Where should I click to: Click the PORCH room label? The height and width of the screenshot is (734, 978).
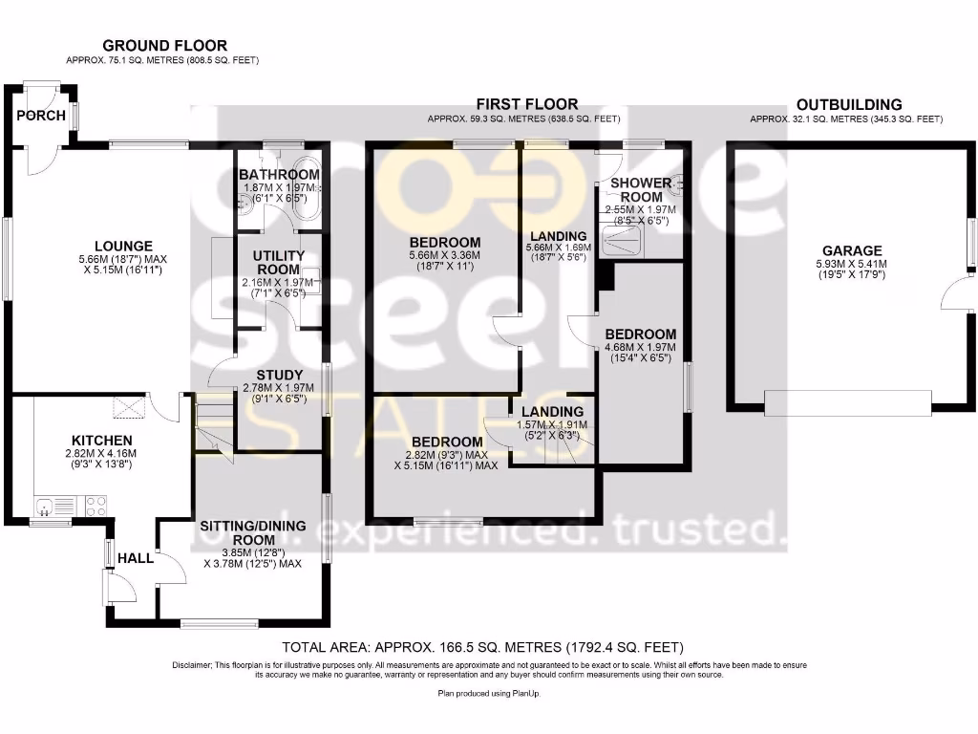[41, 116]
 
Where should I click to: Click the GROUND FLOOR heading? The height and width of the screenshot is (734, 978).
[165, 45]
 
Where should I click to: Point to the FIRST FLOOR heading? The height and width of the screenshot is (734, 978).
[531, 104]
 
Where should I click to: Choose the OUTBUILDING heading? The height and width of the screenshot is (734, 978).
[849, 104]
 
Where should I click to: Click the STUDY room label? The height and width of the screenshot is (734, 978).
[280, 375]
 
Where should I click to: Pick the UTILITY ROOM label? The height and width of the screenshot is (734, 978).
[279, 263]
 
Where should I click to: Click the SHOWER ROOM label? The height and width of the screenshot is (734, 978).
[641, 189]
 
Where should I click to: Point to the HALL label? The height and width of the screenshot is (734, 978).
[135, 557]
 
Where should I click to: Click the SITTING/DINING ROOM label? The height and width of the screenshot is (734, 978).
[252, 532]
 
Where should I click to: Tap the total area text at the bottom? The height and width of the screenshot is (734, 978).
[484, 647]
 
